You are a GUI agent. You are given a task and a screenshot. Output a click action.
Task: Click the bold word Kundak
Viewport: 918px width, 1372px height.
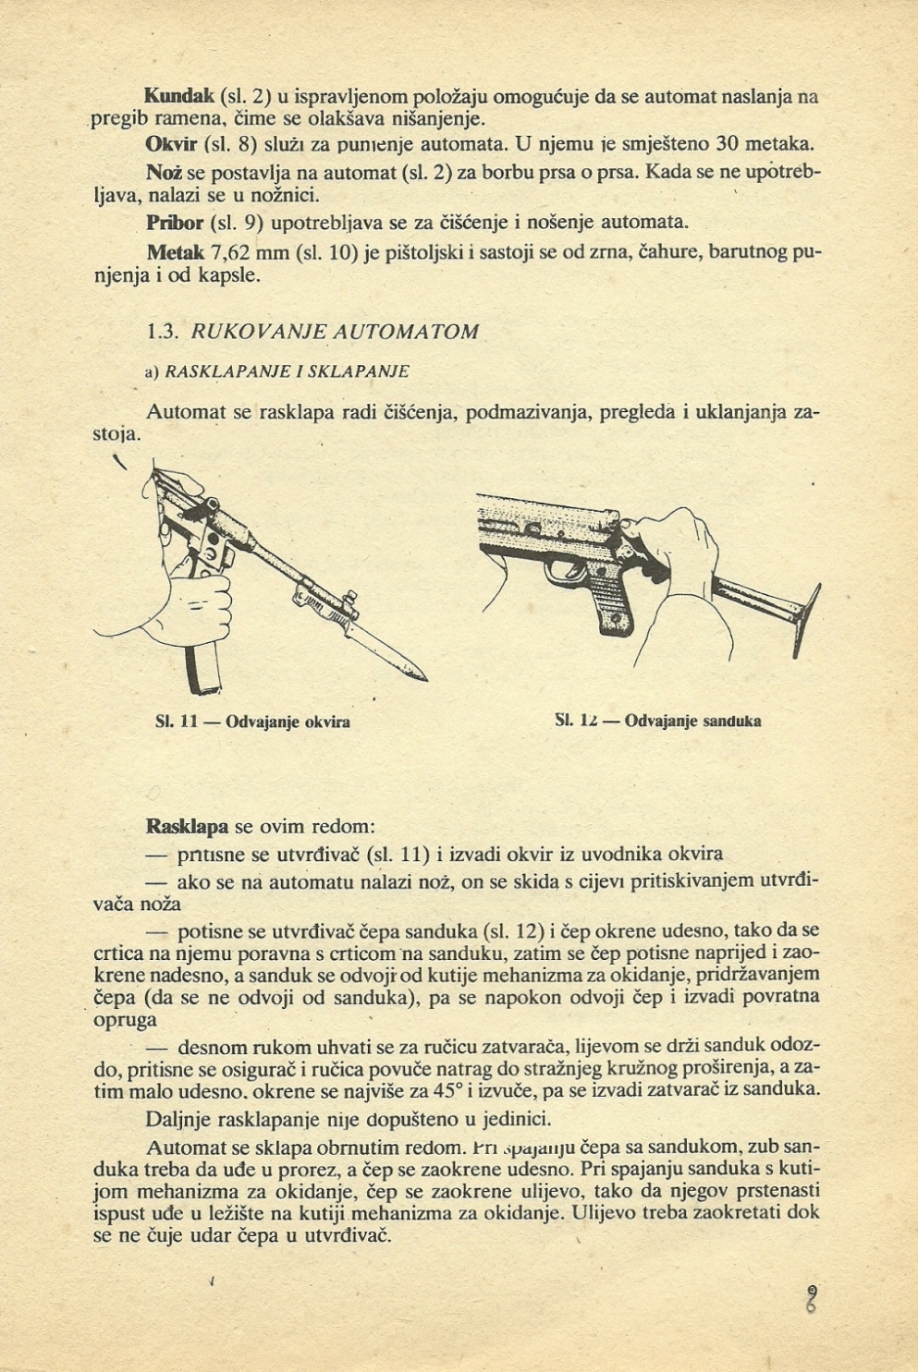(x=179, y=96)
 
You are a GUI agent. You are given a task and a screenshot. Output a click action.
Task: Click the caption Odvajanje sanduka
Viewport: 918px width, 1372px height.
(x=692, y=721)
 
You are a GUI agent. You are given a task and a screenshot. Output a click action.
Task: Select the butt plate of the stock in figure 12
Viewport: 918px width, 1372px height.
(x=811, y=616)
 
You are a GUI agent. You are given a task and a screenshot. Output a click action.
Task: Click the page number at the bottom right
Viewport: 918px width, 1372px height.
(x=812, y=1299)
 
